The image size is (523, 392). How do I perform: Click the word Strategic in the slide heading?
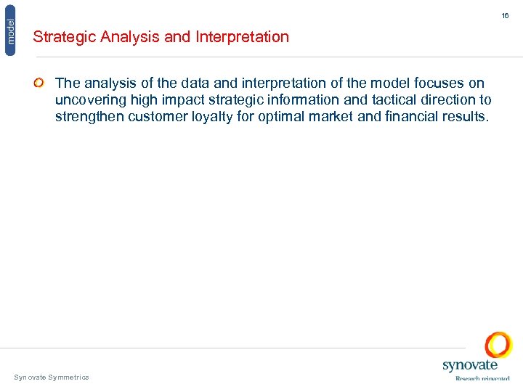[x=64, y=37]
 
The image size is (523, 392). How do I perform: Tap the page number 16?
[x=505, y=15]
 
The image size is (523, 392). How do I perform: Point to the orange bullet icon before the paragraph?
[x=39, y=83]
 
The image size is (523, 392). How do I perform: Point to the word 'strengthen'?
[x=89, y=117]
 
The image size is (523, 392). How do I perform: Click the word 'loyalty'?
[x=214, y=117]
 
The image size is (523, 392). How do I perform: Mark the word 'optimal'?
[x=285, y=117]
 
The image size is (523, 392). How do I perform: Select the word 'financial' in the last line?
[x=412, y=117]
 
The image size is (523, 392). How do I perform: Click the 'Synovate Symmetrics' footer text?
[x=52, y=377]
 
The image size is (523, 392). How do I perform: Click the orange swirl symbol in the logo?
[x=498, y=345]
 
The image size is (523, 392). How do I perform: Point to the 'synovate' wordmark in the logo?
[x=470, y=366]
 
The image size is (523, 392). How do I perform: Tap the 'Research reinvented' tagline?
[x=482, y=378]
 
